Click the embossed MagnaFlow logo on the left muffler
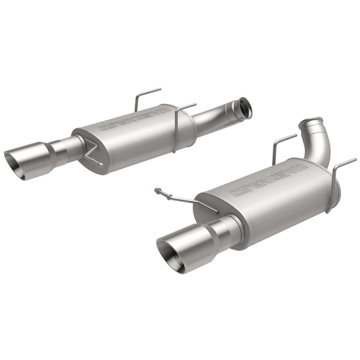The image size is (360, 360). (135, 119)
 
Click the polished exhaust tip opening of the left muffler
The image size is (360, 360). (15, 163)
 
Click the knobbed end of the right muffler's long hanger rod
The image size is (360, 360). (157, 191)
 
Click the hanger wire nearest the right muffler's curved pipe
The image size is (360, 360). (281, 145)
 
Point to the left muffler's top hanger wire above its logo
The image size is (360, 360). (146, 97)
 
